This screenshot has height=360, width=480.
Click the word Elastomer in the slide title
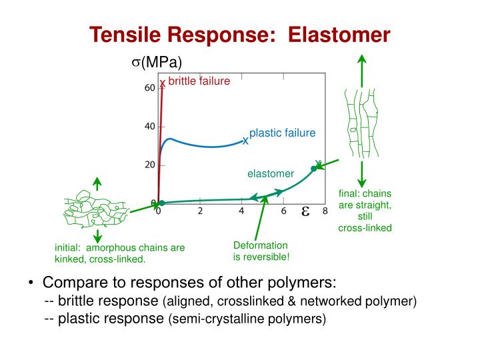pos(339,35)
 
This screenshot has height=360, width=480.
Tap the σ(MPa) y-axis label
pos(156,63)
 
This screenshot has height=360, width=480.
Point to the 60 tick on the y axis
pos(149,88)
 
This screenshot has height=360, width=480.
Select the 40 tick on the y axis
pos(149,127)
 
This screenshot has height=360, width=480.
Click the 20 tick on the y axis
pos(149,165)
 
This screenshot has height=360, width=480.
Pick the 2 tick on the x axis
pos(200,212)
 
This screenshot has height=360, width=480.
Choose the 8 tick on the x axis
pos(325,212)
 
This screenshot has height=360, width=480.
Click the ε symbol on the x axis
pos(305,211)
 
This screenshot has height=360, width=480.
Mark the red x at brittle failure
pos(162,83)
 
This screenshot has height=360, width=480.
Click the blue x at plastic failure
pos(245,141)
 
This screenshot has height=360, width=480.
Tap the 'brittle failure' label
pos(199,81)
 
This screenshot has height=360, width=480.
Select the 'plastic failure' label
pos(282,133)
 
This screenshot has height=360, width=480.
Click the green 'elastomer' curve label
pos(271,174)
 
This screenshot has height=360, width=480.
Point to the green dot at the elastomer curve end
pos(314,168)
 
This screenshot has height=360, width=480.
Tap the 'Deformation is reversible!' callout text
pos(261,251)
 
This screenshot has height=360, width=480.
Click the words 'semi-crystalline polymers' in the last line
pos(247,319)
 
